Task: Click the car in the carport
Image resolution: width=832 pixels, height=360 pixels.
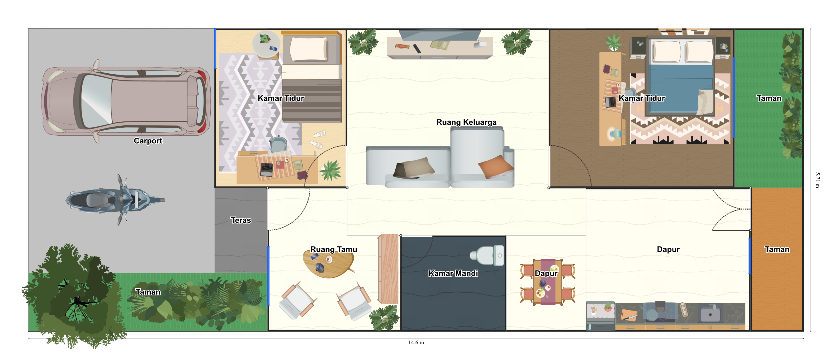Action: pos(126,101)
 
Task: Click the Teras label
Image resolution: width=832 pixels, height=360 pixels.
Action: pos(241,220)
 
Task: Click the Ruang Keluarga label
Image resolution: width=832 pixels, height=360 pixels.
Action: pos(466,122)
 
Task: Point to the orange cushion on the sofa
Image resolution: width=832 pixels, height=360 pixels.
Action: pos(495,166)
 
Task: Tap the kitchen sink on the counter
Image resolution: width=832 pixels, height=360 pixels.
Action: pos(710,313)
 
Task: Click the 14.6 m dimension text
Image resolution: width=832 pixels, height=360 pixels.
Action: pos(416,343)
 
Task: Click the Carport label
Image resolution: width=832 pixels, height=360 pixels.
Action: pos(148,141)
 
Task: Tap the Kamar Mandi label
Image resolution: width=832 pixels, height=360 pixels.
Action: pos(453,273)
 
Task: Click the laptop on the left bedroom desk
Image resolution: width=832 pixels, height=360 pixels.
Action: pos(266,169)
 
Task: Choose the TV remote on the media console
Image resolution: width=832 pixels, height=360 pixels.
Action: pos(417,49)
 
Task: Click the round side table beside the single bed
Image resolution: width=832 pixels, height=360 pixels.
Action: pos(266,45)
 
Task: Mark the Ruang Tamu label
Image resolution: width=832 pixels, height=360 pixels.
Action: pos(334,249)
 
